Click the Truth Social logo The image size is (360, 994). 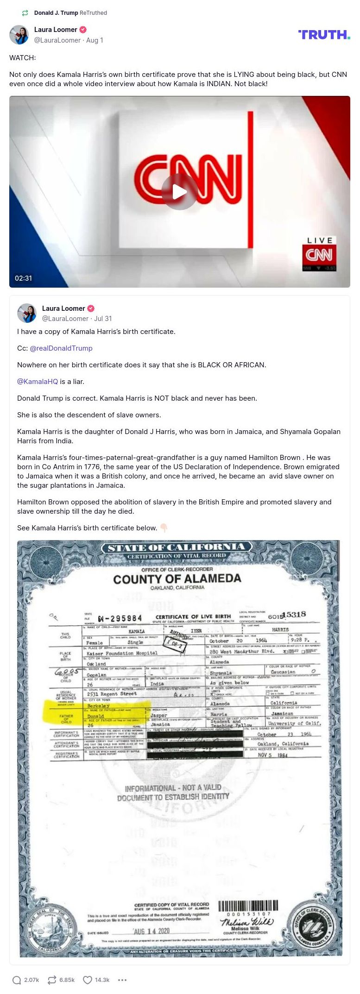pos(324,35)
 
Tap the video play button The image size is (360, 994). pos(179,191)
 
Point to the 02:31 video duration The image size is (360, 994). pos(24,278)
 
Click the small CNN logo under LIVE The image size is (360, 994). pos(319,254)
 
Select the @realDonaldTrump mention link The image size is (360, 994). pos(61,348)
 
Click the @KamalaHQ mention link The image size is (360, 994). pos(38,382)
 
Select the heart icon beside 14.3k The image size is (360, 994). pos(88,980)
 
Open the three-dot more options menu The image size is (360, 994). pos(122,980)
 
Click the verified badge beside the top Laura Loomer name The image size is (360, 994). pos(83,30)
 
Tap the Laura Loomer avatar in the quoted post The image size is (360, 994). pos(27,313)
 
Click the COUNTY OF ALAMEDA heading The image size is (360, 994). pos(177,579)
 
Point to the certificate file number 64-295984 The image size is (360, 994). pos(120,618)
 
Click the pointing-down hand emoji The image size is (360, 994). pos(164,528)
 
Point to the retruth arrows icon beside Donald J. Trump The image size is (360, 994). pos(25,13)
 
